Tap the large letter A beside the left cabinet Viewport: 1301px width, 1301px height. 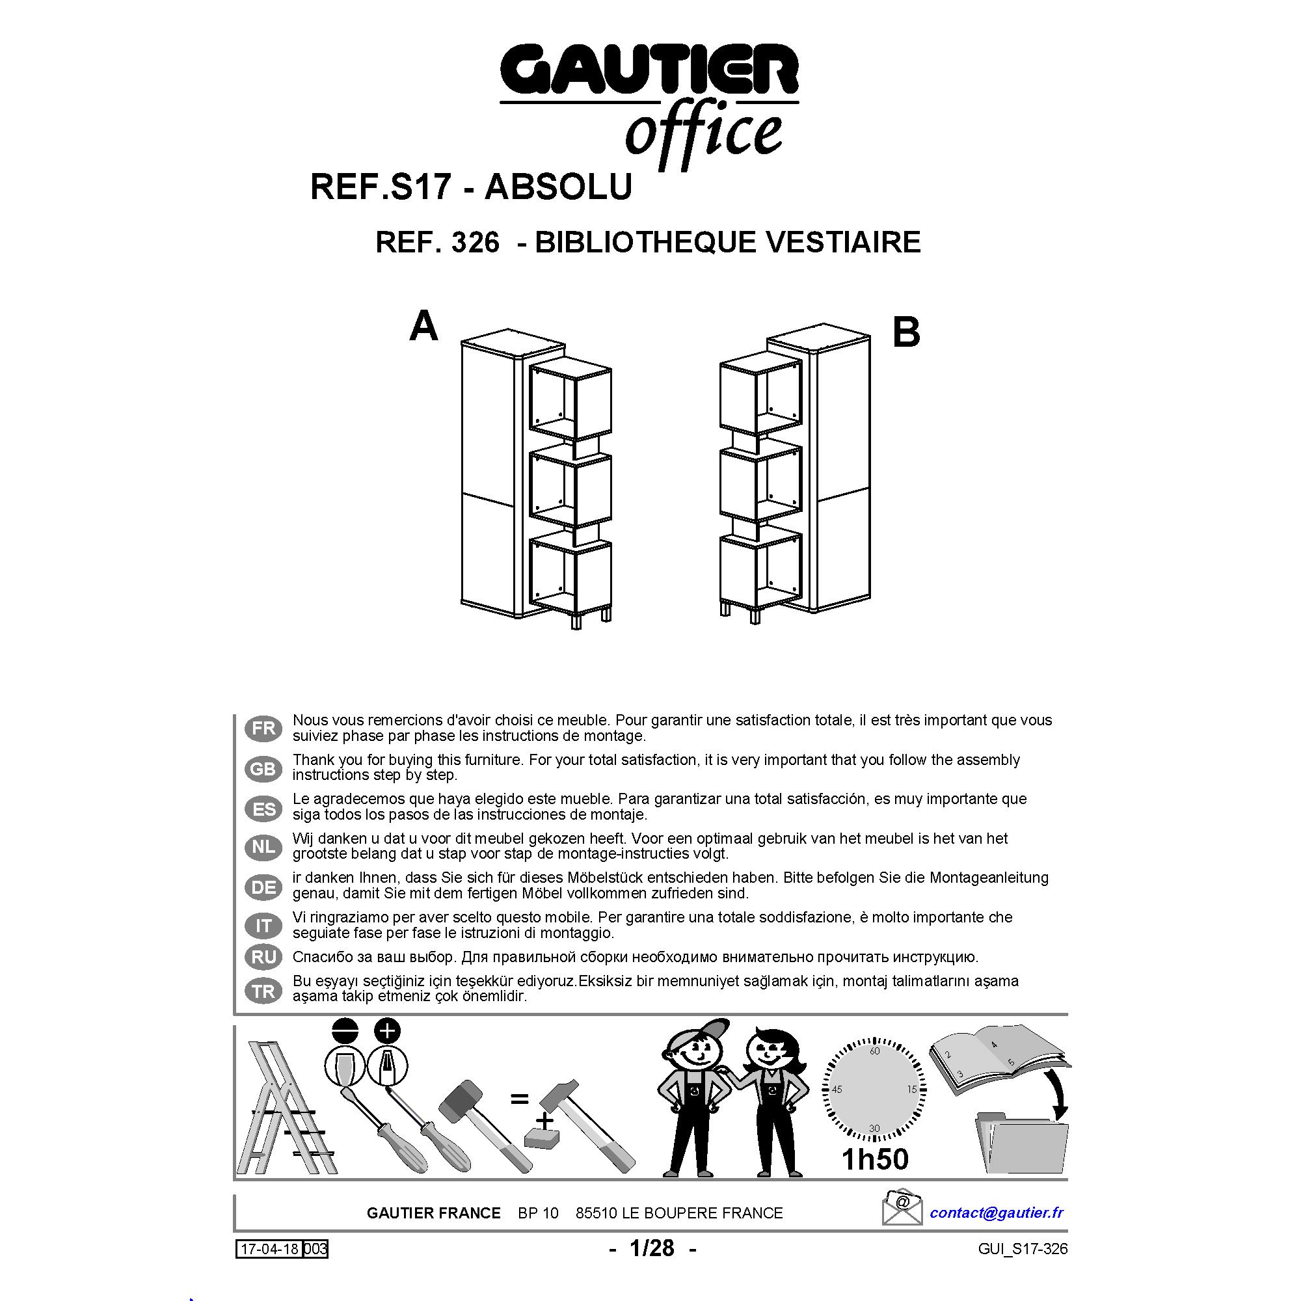click(423, 327)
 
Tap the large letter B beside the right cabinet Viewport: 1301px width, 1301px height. click(905, 332)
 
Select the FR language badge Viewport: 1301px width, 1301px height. click(263, 728)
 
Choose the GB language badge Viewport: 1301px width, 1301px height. click(263, 768)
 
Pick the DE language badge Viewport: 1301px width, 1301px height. click(263, 887)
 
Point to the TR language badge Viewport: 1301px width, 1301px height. click(263, 991)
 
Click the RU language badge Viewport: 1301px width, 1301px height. click(263, 957)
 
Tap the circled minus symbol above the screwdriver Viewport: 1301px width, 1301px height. click(344, 1030)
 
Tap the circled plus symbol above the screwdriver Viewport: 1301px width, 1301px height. click(387, 1030)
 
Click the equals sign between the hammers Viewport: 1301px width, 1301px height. click(519, 1099)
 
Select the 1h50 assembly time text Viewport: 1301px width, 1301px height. click(875, 1159)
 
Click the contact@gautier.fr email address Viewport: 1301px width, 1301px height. click(997, 1212)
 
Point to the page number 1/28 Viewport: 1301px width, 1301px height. click(651, 1248)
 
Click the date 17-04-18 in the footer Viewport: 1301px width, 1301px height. click(268, 1249)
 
